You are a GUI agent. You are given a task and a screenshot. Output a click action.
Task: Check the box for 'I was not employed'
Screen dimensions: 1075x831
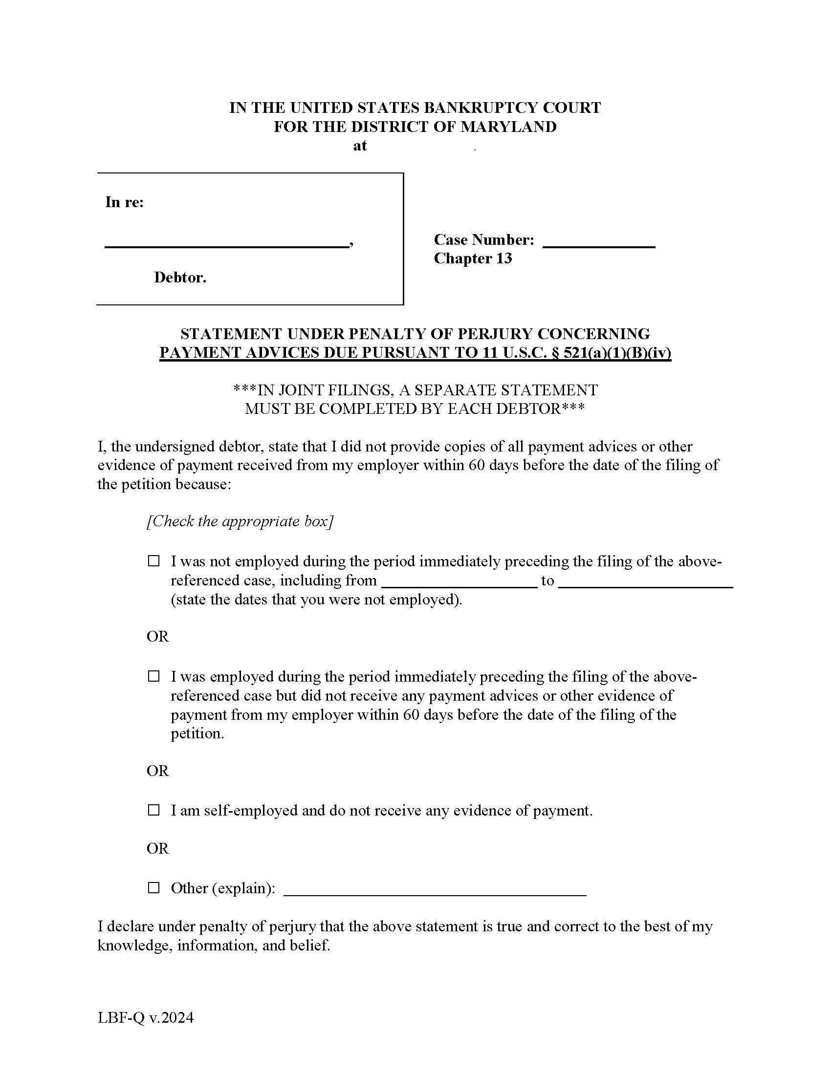(154, 561)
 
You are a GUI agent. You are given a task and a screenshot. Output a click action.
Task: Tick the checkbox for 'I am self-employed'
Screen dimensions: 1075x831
(154, 810)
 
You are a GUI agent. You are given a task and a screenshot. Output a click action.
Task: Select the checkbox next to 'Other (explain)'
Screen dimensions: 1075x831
(154, 888)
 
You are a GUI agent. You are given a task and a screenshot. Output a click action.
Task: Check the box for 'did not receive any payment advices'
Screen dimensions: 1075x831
(154, 676)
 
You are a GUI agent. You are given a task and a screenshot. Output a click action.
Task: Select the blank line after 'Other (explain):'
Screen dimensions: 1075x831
(435, 891)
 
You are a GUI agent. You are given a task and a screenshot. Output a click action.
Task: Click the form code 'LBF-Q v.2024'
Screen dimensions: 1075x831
(146, 1017)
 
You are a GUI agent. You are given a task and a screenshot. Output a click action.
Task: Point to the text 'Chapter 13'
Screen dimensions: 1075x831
(473, 258)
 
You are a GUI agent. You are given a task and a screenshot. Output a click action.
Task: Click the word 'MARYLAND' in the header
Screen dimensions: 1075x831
(508, 127)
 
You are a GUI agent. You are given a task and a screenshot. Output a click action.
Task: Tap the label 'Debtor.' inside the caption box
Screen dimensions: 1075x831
(180, 278)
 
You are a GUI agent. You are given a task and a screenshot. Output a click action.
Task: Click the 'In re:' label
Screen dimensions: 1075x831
(125, 202)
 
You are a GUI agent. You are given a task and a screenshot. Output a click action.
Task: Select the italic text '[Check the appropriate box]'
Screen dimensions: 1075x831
(240, 521)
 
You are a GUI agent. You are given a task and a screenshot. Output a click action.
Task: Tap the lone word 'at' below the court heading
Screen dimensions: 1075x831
(360, 146)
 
